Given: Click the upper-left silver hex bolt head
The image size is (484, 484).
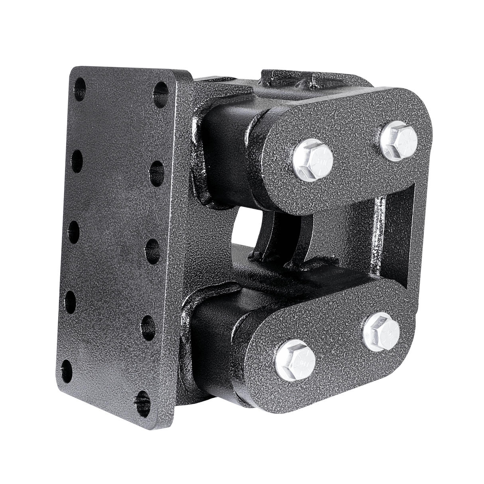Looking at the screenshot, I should tap(314, 160).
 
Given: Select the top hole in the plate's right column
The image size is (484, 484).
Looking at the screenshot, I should tap(161, 90).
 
